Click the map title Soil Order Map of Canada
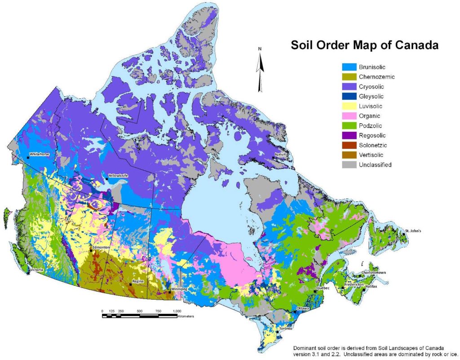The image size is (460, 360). tap(364, 45)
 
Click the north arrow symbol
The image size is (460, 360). tap(260, 68)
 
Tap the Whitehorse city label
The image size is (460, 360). tap(40, 154)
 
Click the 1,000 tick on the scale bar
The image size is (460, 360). tap(177, 311)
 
